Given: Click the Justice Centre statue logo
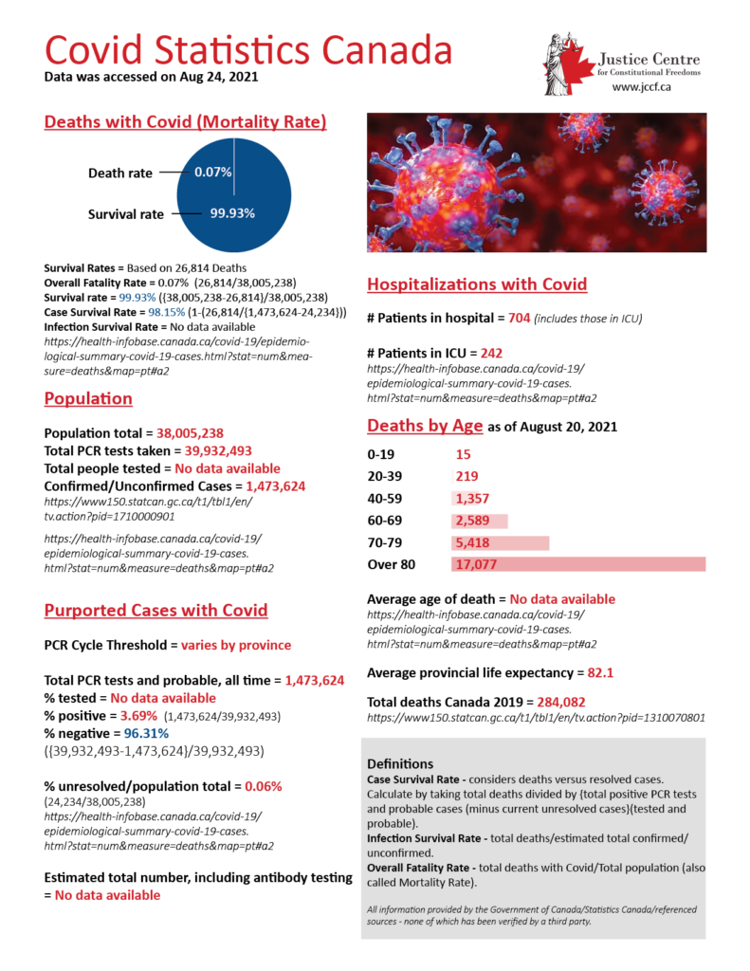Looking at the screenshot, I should [x=563, y=64].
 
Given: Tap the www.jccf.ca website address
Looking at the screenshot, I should [x=642, y=86].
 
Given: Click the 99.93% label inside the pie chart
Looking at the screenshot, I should [x=232, y=213].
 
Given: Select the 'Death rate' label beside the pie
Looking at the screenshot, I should [x=119, y=174].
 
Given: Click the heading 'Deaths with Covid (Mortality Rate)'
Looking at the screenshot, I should [x=186, y=122].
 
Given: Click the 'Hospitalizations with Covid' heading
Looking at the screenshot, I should [x=477, y=284].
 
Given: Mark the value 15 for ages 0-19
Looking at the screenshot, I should [x=463, y=455].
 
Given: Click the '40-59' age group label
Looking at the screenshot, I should [x=386, y=499].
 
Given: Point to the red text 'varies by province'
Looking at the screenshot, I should [x=236, y=645].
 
